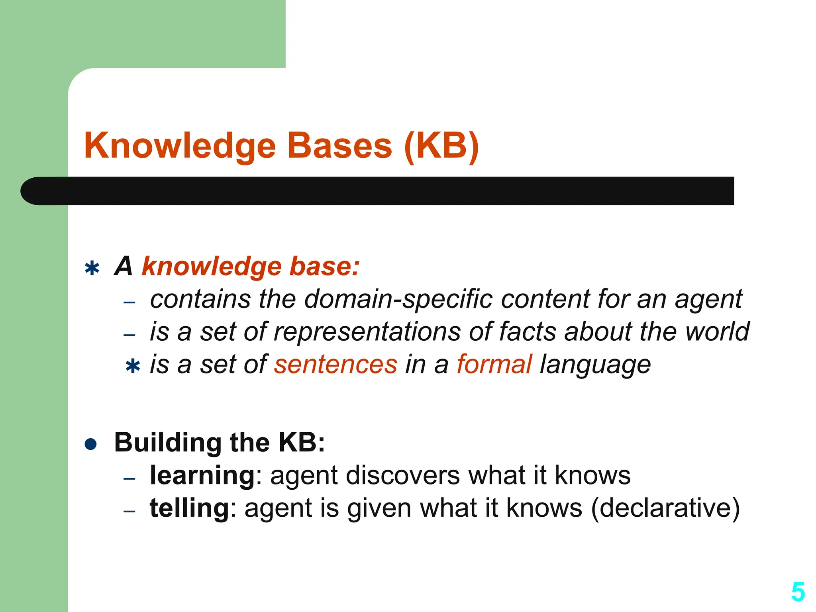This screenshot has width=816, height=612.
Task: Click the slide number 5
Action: pos(798,592)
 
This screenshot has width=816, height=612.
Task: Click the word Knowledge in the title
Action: pos(180,146)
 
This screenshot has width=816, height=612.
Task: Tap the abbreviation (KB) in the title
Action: pos(441,146)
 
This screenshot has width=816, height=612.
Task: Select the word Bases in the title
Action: pos(339,146)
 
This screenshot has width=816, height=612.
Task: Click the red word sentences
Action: pos(335,365)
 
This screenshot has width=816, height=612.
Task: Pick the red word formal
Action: pos(494,365)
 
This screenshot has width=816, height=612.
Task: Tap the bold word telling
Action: pos(189,509)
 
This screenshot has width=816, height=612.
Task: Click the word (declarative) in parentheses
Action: pos(665,509)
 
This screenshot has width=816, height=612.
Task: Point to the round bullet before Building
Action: pos(91,444)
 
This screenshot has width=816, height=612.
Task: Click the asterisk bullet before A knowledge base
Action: pos(92,269)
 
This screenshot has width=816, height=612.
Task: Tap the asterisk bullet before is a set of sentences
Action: pos(132,366)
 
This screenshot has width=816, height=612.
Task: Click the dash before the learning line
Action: pos(129,479)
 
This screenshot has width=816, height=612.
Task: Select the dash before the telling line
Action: pos(129,511)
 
